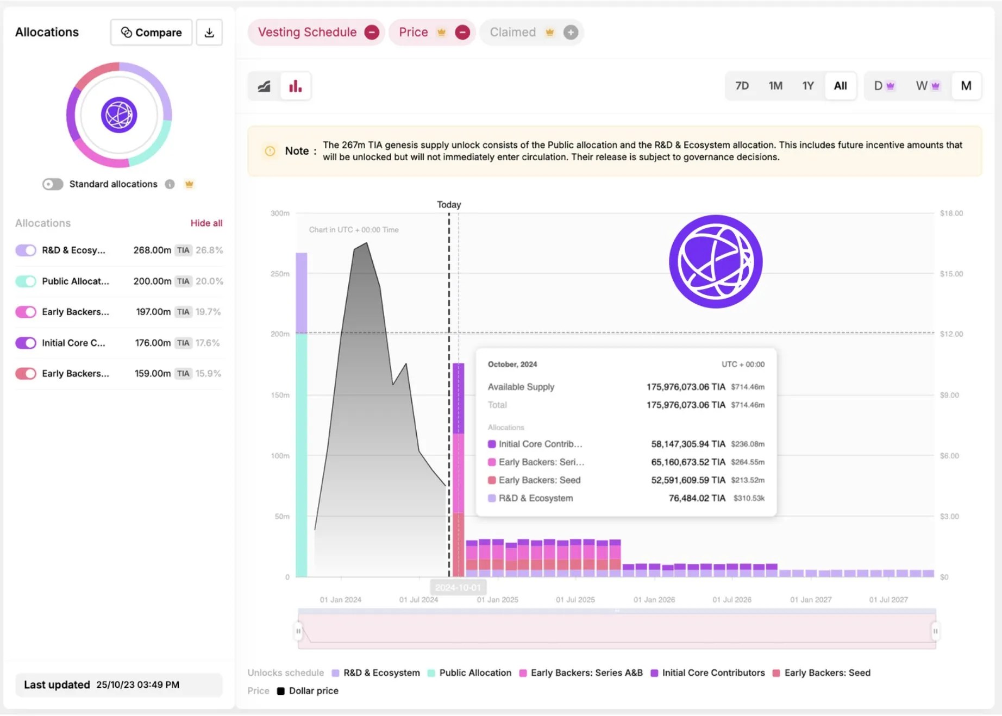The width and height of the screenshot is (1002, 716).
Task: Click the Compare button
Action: coord(151,33)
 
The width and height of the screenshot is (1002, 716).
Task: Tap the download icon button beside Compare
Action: coord(209,33)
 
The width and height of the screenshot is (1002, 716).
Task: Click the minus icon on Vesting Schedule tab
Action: coord(372,33)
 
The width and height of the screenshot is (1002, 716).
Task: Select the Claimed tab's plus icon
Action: coord(571,33)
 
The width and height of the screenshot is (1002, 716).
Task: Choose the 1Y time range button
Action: coord(808,86)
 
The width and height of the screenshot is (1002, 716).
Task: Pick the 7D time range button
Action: coord(742,86)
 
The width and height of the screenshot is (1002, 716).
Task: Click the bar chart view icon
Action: coord(296,86)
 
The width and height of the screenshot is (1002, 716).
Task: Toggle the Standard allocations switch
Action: coord(53,184)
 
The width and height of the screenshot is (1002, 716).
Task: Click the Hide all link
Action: coord(206,223)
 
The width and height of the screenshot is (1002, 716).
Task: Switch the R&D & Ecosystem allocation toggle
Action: coord(26,250)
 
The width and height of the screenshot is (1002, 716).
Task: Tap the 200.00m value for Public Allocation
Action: coord(152,281)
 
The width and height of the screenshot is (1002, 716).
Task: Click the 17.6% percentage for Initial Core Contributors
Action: coord(208,343)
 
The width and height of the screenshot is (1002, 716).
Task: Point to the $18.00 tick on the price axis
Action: coord(951,213)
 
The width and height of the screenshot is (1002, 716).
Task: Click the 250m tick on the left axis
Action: coord(280,274)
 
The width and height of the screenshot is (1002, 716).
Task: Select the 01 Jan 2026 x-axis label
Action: coord(654,600)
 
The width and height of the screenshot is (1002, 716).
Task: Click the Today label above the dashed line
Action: coord(449,205)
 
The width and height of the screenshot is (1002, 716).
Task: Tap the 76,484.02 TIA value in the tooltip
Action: coord(697,498)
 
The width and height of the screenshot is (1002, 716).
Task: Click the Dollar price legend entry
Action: coord(314,691)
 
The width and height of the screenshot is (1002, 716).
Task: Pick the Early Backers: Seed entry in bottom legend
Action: coord(827,673)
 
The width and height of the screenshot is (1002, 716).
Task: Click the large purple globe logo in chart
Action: coord(716,262)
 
